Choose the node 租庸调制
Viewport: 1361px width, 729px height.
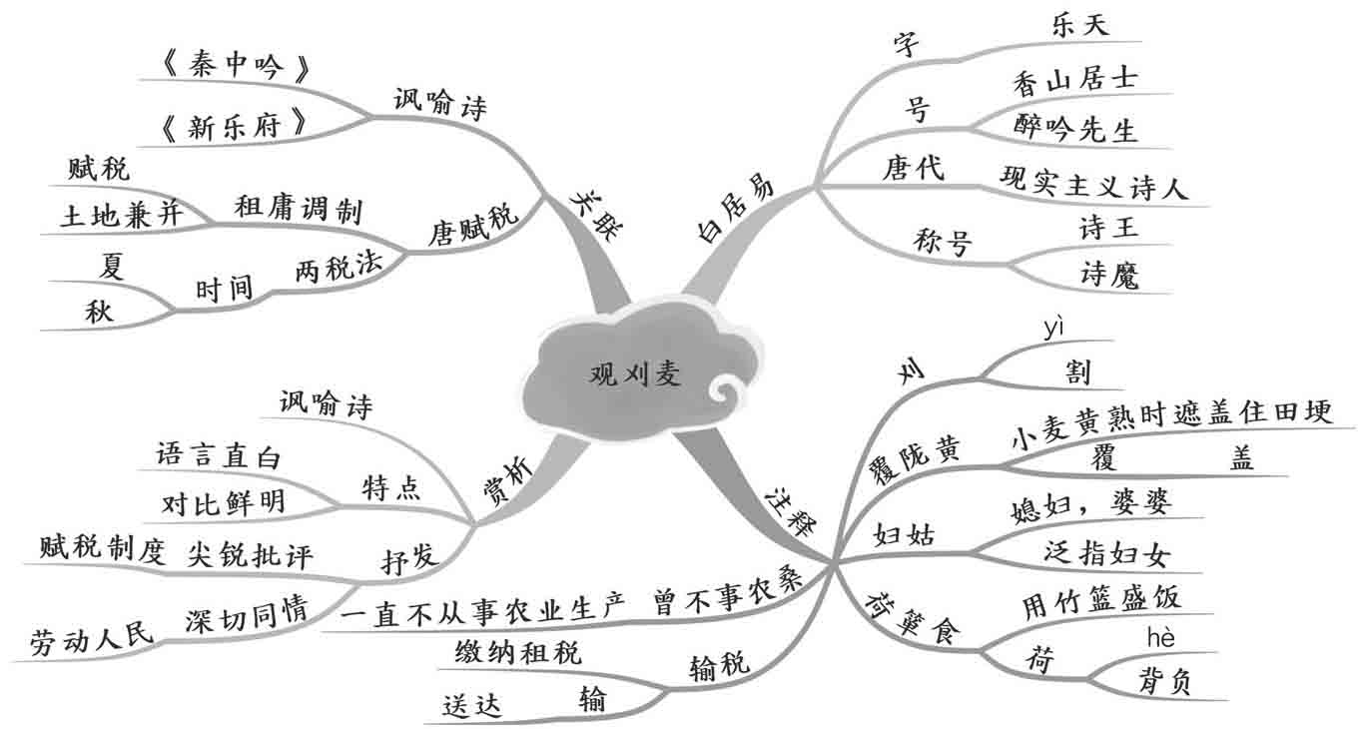(298, 209)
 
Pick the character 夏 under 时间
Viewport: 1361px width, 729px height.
(112, 265)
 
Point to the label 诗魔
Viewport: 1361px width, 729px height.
(1108, 274)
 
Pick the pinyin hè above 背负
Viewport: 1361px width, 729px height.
(1160, 636)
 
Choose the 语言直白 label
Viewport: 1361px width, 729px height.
(219, 456)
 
